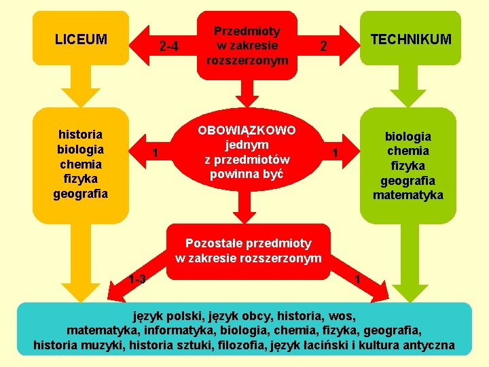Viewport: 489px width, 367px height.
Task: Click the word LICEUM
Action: [81, 39]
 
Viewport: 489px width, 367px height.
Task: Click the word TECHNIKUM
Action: [411, 39]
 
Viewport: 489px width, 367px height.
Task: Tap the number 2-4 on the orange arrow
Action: [168, 47]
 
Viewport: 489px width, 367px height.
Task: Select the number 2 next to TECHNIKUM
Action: [324, 47]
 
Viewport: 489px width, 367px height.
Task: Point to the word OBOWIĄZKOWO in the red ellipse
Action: [247, 130]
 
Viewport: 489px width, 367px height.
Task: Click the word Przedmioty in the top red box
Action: [247, 31]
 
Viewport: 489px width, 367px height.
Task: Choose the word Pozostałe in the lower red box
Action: [211, 243]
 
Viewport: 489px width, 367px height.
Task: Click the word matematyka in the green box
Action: [407, 195]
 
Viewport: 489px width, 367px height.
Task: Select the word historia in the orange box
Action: [81, 134]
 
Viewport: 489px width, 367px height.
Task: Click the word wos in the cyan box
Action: [342, 316]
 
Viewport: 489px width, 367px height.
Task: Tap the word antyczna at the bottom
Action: [428, 345]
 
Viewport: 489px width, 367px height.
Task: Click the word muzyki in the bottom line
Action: [97, 345]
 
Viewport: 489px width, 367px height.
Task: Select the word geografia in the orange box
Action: [81, 194]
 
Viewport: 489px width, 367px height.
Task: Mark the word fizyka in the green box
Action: [407, 165]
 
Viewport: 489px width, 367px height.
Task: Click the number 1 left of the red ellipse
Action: [156, 153]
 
